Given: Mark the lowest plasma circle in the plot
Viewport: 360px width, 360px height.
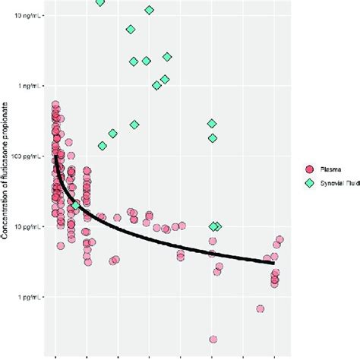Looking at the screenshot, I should click(x=213, y=339).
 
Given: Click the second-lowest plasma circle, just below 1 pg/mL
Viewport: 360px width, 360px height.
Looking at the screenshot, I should click(x=261, y=309).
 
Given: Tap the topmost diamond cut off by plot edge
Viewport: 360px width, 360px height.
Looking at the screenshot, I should click(x=100, y=2).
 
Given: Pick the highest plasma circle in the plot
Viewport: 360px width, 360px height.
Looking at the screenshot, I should click(x=55, y=105).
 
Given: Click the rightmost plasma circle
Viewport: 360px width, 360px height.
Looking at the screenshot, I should click(x=279, y=240).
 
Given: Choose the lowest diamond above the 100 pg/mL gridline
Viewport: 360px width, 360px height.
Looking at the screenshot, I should click(x=103, y=146).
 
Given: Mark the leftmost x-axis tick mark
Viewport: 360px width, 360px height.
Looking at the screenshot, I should click(x=55, y=355).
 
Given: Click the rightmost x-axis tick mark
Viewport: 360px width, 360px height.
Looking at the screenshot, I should click(x=275, y=355).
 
